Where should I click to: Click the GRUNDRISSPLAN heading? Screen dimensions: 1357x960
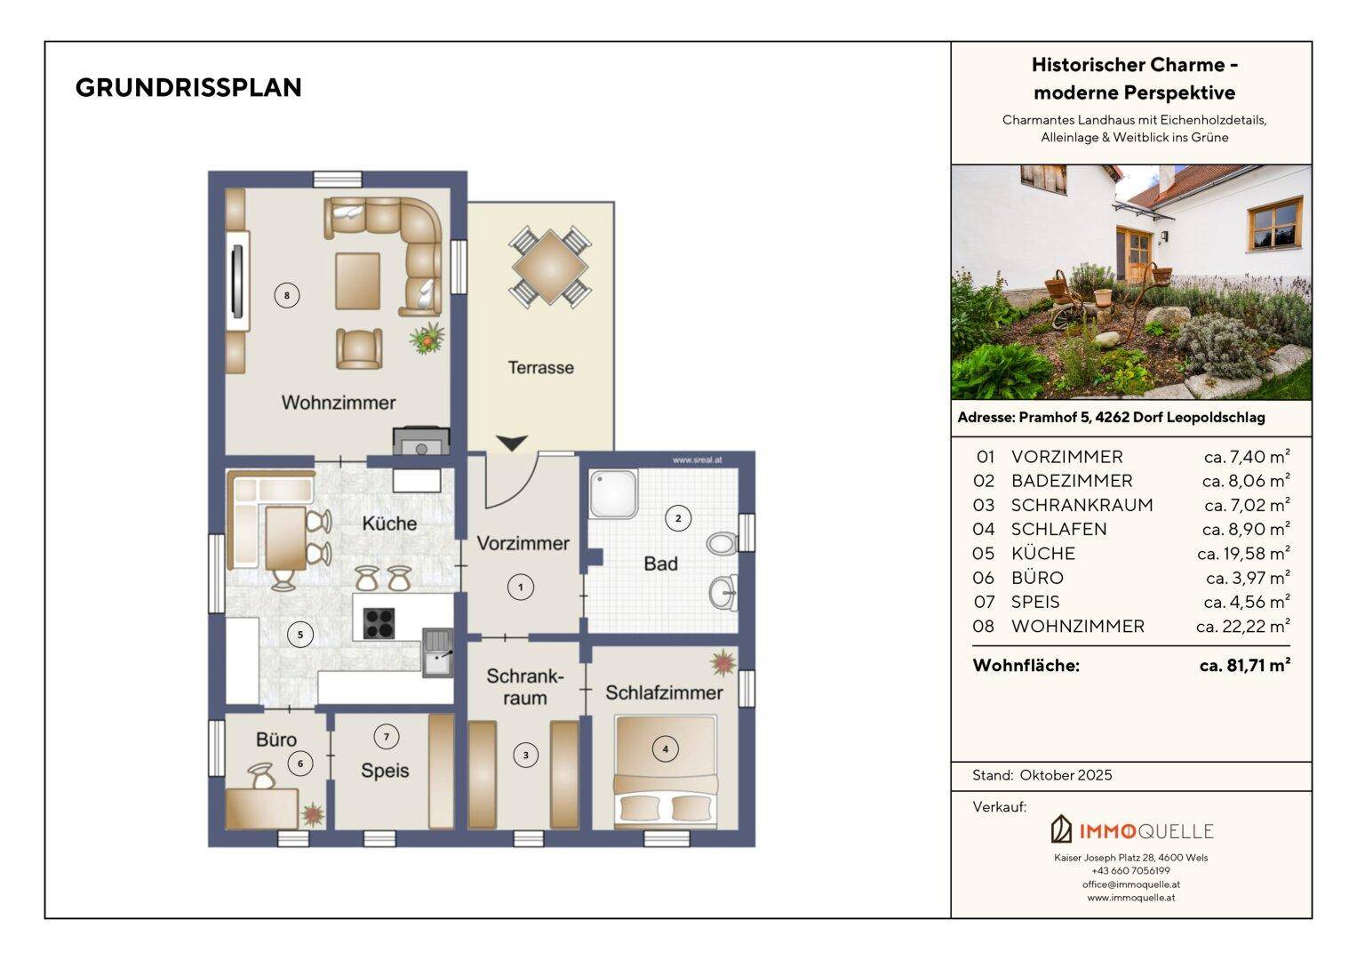(188, 88)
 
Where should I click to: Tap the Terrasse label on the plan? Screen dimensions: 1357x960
(540, 367)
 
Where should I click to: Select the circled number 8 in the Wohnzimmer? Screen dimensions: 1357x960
(286, 296)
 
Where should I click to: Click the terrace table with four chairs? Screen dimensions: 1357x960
(549, 267)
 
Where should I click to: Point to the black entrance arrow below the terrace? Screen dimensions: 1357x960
(512, 443)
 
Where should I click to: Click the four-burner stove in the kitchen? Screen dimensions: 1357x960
(379, 624)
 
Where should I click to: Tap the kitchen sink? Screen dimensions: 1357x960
(437, 652)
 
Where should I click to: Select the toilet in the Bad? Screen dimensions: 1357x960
(722, 542)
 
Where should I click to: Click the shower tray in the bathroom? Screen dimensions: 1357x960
(613, 494)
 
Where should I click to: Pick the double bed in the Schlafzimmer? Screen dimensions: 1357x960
(666, 772)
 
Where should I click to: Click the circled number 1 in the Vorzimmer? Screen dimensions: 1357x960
(520, 588)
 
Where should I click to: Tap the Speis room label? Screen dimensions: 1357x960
(385, 771)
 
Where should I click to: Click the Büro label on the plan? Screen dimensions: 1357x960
(276, 740)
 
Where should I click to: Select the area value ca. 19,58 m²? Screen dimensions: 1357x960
(1244, 553)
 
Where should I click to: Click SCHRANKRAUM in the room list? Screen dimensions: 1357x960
(1082, 505)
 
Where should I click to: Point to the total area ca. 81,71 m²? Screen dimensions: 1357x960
(1245, 666)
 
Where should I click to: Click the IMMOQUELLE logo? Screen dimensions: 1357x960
(1131, 830)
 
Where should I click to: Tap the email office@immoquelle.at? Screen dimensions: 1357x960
(1131, 884)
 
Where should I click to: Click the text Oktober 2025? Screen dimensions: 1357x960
(1066, 775)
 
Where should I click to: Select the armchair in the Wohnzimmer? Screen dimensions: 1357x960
(359, 348)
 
